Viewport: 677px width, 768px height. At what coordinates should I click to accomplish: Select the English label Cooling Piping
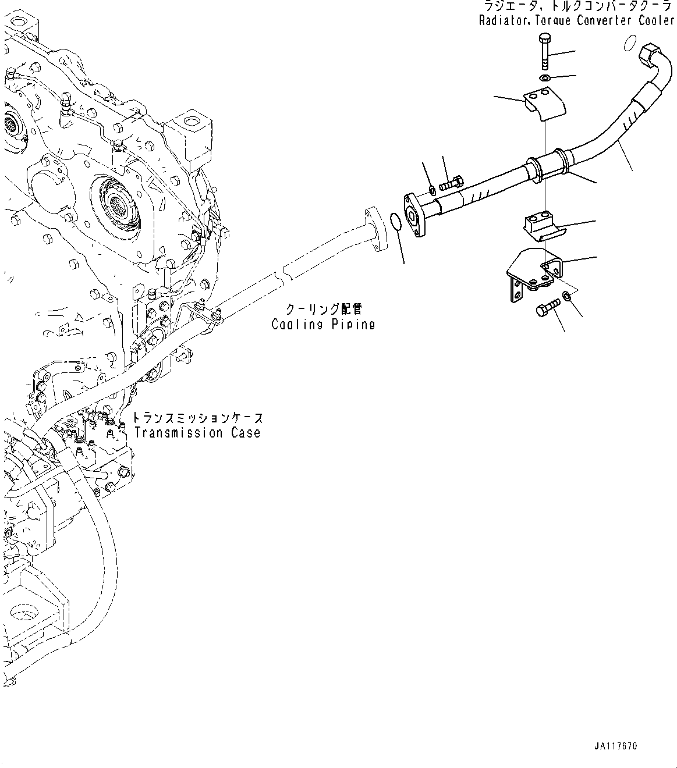pyautogui.click(x=323, y=324)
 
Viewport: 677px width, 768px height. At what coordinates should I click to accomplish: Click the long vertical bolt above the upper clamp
pyautogui.click(x=544, y=52)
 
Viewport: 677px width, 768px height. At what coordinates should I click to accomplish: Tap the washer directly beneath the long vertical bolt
pyautogui.click(x=545, y=79)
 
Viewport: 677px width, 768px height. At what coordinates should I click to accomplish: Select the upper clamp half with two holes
pyautogui.click(x=545, y=104)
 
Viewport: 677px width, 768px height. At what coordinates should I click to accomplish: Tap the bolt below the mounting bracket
pyautogui.click(x=547, y=307)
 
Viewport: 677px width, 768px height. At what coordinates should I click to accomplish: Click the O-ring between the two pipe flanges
pyautogui.click(x=395, y=221)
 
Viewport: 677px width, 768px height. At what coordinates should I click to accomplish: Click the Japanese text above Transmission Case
pyautogui.click(x=197, y=418)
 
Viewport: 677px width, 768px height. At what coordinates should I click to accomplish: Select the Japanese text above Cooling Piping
pyautogui.click(x=323, y=308)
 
